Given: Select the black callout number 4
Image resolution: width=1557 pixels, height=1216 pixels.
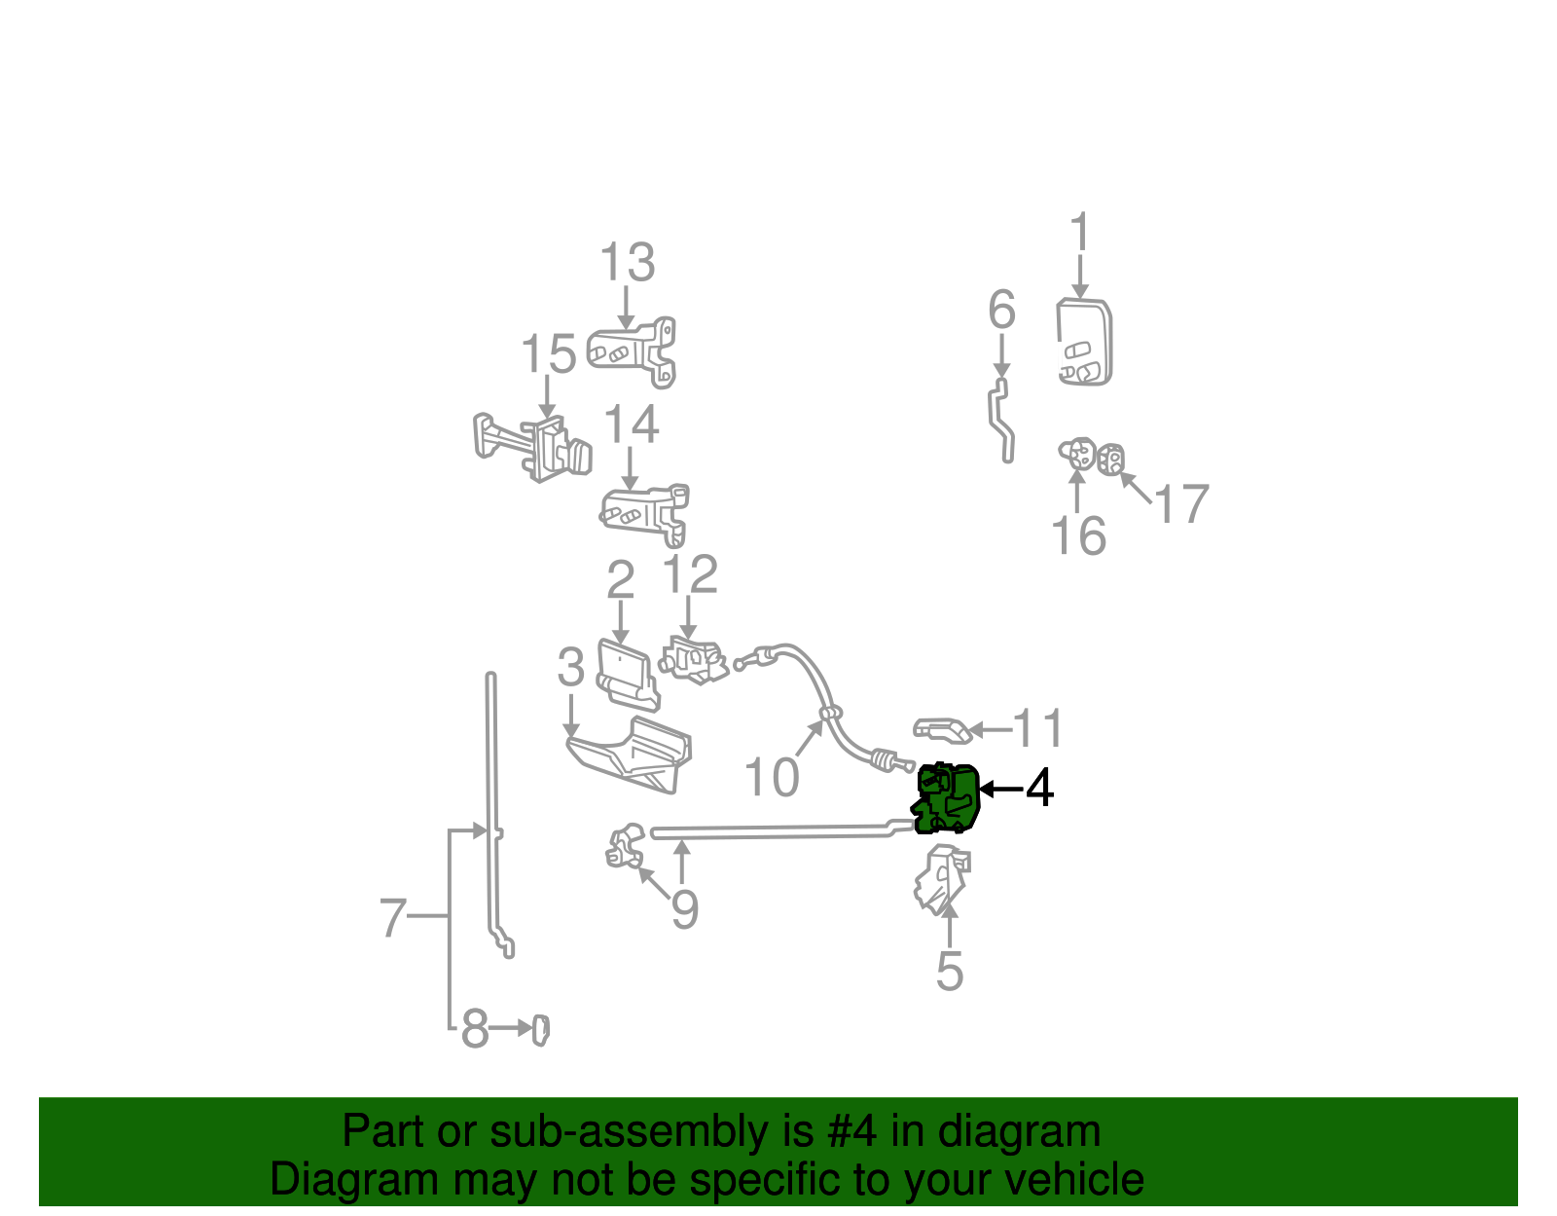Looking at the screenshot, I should click(1040, 788).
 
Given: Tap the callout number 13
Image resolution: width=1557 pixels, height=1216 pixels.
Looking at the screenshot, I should click(627, 263).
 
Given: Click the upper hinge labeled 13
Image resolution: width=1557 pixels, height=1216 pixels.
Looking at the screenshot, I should click(634, 350).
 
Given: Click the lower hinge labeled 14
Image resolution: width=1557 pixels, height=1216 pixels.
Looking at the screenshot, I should click(645, 513).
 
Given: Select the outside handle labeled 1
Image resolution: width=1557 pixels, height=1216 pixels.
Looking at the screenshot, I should click(1084, 342).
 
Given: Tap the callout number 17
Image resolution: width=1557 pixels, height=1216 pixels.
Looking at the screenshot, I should click(1180, 504).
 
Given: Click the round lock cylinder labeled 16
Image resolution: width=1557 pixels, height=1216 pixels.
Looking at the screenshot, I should click(1076, 454).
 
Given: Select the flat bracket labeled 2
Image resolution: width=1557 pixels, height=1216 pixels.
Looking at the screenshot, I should click(626, 672).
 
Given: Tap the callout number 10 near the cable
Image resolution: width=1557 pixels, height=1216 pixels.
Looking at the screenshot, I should click(771, 777).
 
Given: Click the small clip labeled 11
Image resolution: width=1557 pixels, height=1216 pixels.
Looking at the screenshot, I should click(941, 729).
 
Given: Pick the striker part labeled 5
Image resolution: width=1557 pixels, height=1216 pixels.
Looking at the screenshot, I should click(942, 877).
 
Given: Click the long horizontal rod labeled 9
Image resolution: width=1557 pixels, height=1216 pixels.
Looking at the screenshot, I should click(769, 831).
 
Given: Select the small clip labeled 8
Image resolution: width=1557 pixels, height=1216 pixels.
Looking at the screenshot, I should click(541, 1030).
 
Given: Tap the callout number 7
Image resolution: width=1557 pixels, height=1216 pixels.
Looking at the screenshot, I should click(392, 917).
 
